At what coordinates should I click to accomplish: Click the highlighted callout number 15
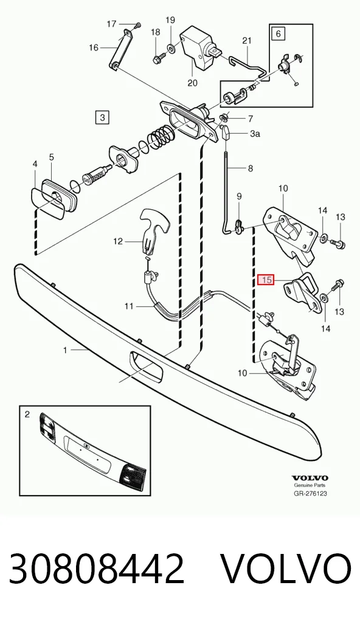267,280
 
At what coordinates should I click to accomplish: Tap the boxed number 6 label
279,33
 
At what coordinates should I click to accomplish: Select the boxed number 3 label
102,117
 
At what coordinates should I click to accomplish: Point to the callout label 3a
255,134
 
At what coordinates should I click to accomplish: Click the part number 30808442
97,569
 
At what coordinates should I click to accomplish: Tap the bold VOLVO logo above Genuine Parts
310,479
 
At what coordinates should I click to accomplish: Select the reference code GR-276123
310,494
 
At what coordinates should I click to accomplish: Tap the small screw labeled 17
137,26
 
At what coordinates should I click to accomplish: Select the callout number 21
247,40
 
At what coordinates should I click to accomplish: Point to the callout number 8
251,168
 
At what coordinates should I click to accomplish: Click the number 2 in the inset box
27,414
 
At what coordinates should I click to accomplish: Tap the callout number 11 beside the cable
129,306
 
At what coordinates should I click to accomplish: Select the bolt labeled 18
156,60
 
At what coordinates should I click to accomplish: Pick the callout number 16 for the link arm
94,48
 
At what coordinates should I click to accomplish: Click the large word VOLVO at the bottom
285,569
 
